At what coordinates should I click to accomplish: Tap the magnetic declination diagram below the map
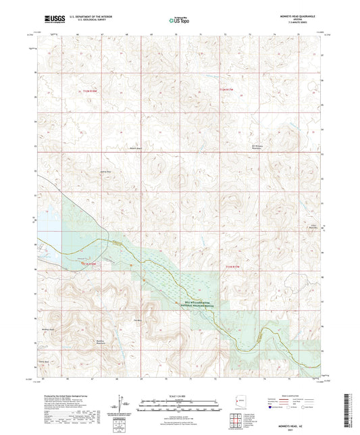tap(122, 405)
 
